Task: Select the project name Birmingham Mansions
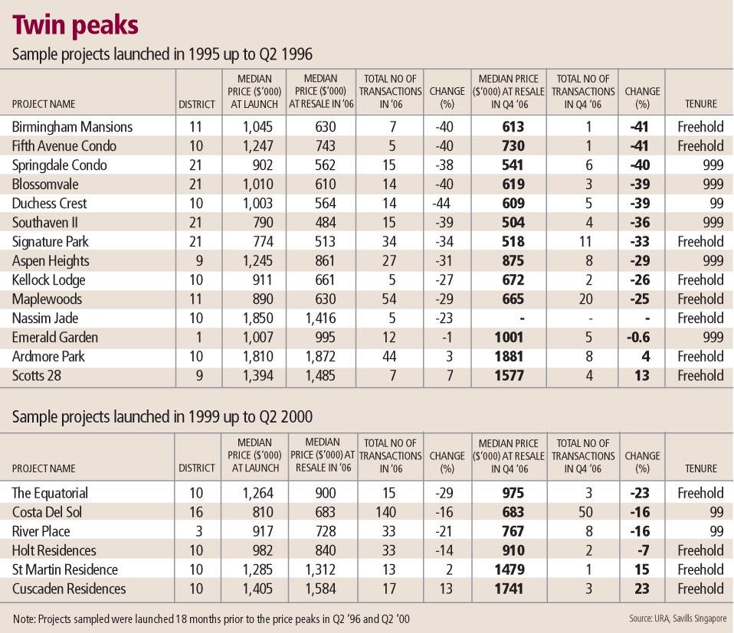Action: point(72,127)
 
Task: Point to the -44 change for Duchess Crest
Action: point(441,204)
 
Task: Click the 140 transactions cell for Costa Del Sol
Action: point(388,512)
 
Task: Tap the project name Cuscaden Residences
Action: point(68,589)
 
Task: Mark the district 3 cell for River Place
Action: point(197,531)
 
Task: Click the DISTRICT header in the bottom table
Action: point(197,468)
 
